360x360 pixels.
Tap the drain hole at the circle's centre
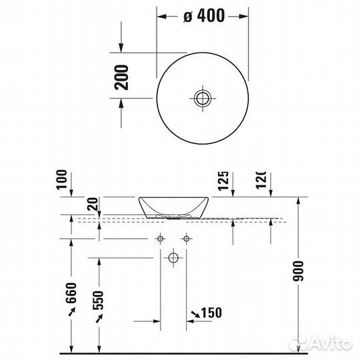point(203,99)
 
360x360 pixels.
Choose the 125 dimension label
point(223,181)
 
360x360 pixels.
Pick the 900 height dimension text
point(298,270)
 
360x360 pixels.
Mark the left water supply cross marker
point(160,239)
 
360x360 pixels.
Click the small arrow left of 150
point(193,313)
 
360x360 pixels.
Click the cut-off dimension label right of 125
point(261,181)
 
